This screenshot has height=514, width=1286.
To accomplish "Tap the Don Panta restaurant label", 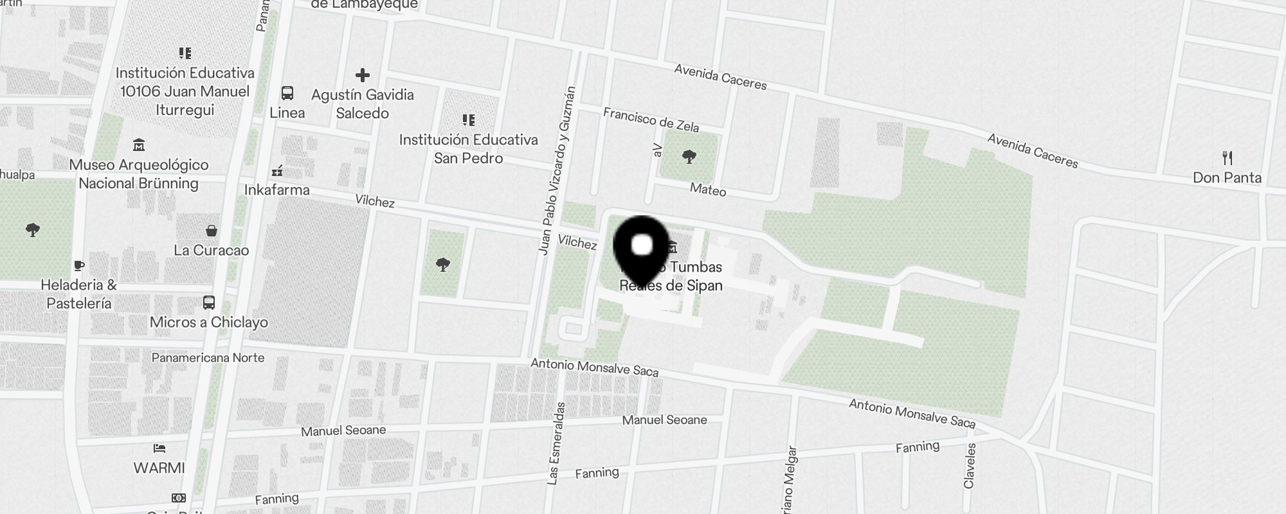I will pyautogui.click(x=1227, y=177).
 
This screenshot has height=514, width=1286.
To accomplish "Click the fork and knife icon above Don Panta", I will pyautogui.click(x=1227, y=157).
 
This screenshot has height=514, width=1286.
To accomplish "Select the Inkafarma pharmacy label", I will pyautogui.click(x=276, y=190).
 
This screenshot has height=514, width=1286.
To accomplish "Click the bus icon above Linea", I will pyautogui.click(x=287, y=93).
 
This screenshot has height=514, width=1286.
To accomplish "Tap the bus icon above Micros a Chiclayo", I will pyautogui.click(x=209, y=303).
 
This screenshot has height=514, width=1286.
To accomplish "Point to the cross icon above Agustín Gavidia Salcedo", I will pyautogui.click(x=363, y=75).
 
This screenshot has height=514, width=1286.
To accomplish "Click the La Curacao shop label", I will pyautogui.click(x=211, y=250).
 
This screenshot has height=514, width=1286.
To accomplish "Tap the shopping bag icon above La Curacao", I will pyautogui.click(x=211, y=231).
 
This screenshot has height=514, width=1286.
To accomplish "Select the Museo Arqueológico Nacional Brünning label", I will pyautogui.click(x=139, y=174).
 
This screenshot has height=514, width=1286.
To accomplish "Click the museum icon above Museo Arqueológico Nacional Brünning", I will pyautogui.click(x=139, y=145).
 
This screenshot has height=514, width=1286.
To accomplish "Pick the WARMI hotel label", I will pyautogui.click(x=159, y=468).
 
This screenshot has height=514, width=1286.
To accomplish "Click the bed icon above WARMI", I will pyautogui.click(x=159, y=448).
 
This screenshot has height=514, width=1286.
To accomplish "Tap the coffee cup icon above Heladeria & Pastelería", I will pyautogui.click(x=78, y=265).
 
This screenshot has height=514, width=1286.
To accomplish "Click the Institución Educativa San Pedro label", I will pyautogui.click(x=468, y=149).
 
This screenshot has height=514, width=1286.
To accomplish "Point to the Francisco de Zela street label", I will pyautogui.click(x=651, y=119).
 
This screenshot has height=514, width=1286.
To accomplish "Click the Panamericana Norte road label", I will pyautogui.click(x=208, y=357).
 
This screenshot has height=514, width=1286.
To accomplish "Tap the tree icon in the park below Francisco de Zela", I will pyautogui.click(x=689, y=156).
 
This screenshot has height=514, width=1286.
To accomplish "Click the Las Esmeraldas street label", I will pyautogui.click(x=556, y=443).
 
